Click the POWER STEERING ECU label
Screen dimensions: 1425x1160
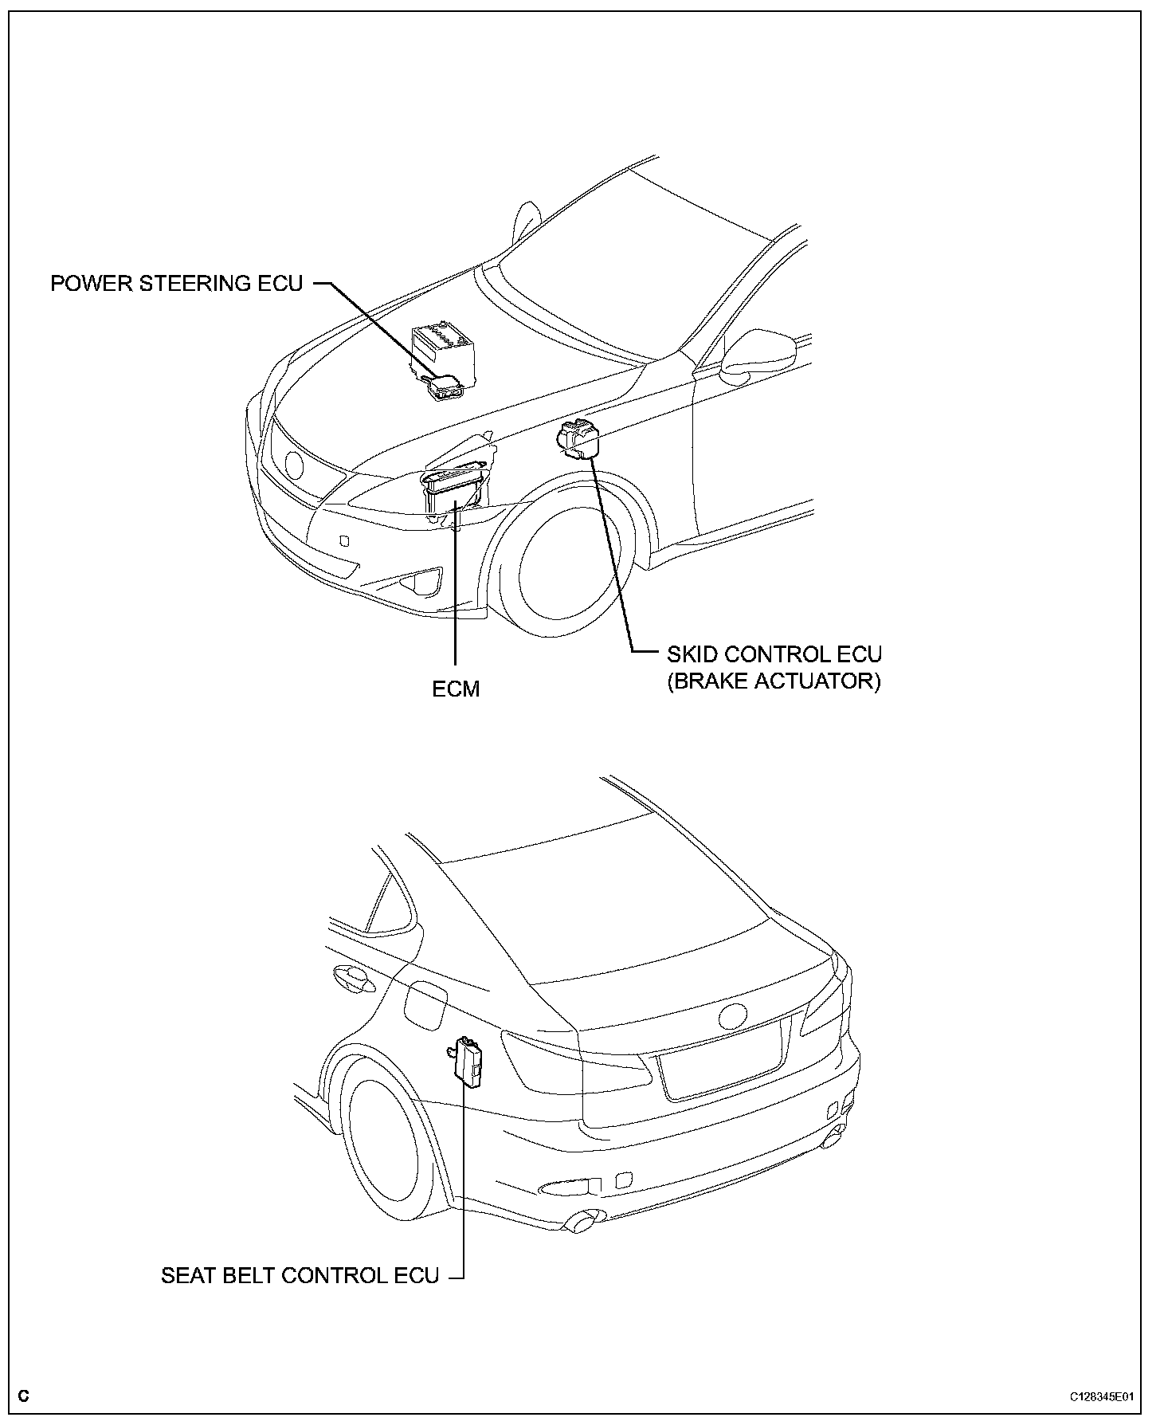(177, 284)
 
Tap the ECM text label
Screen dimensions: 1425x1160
(456, 689)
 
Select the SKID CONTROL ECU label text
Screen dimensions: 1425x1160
(774, 654)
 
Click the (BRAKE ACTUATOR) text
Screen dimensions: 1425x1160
(774, 682)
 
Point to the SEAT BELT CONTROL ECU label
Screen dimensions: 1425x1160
(300, 1276)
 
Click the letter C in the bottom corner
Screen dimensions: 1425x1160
(23, 1396)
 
